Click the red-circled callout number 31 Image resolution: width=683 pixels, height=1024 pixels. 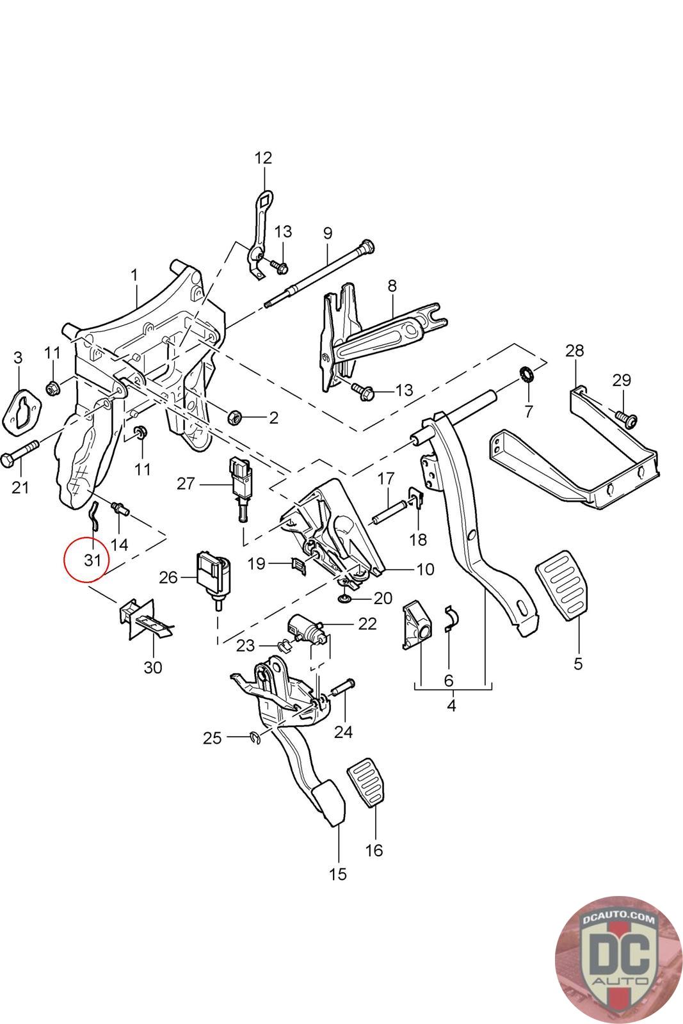click(92, 560)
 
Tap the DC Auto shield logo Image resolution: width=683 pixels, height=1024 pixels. click(619, 960)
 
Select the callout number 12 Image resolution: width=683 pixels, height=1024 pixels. click(263, 157)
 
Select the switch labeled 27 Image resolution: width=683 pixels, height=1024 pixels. click(239, 489)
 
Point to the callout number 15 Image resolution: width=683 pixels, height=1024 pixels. click(338, 874)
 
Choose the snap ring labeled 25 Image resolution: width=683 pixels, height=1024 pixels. click(256, 738)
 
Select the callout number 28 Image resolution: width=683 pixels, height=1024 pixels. click(575, 351)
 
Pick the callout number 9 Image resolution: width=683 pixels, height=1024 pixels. click(328, 233)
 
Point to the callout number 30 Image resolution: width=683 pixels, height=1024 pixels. click(153, 668)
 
